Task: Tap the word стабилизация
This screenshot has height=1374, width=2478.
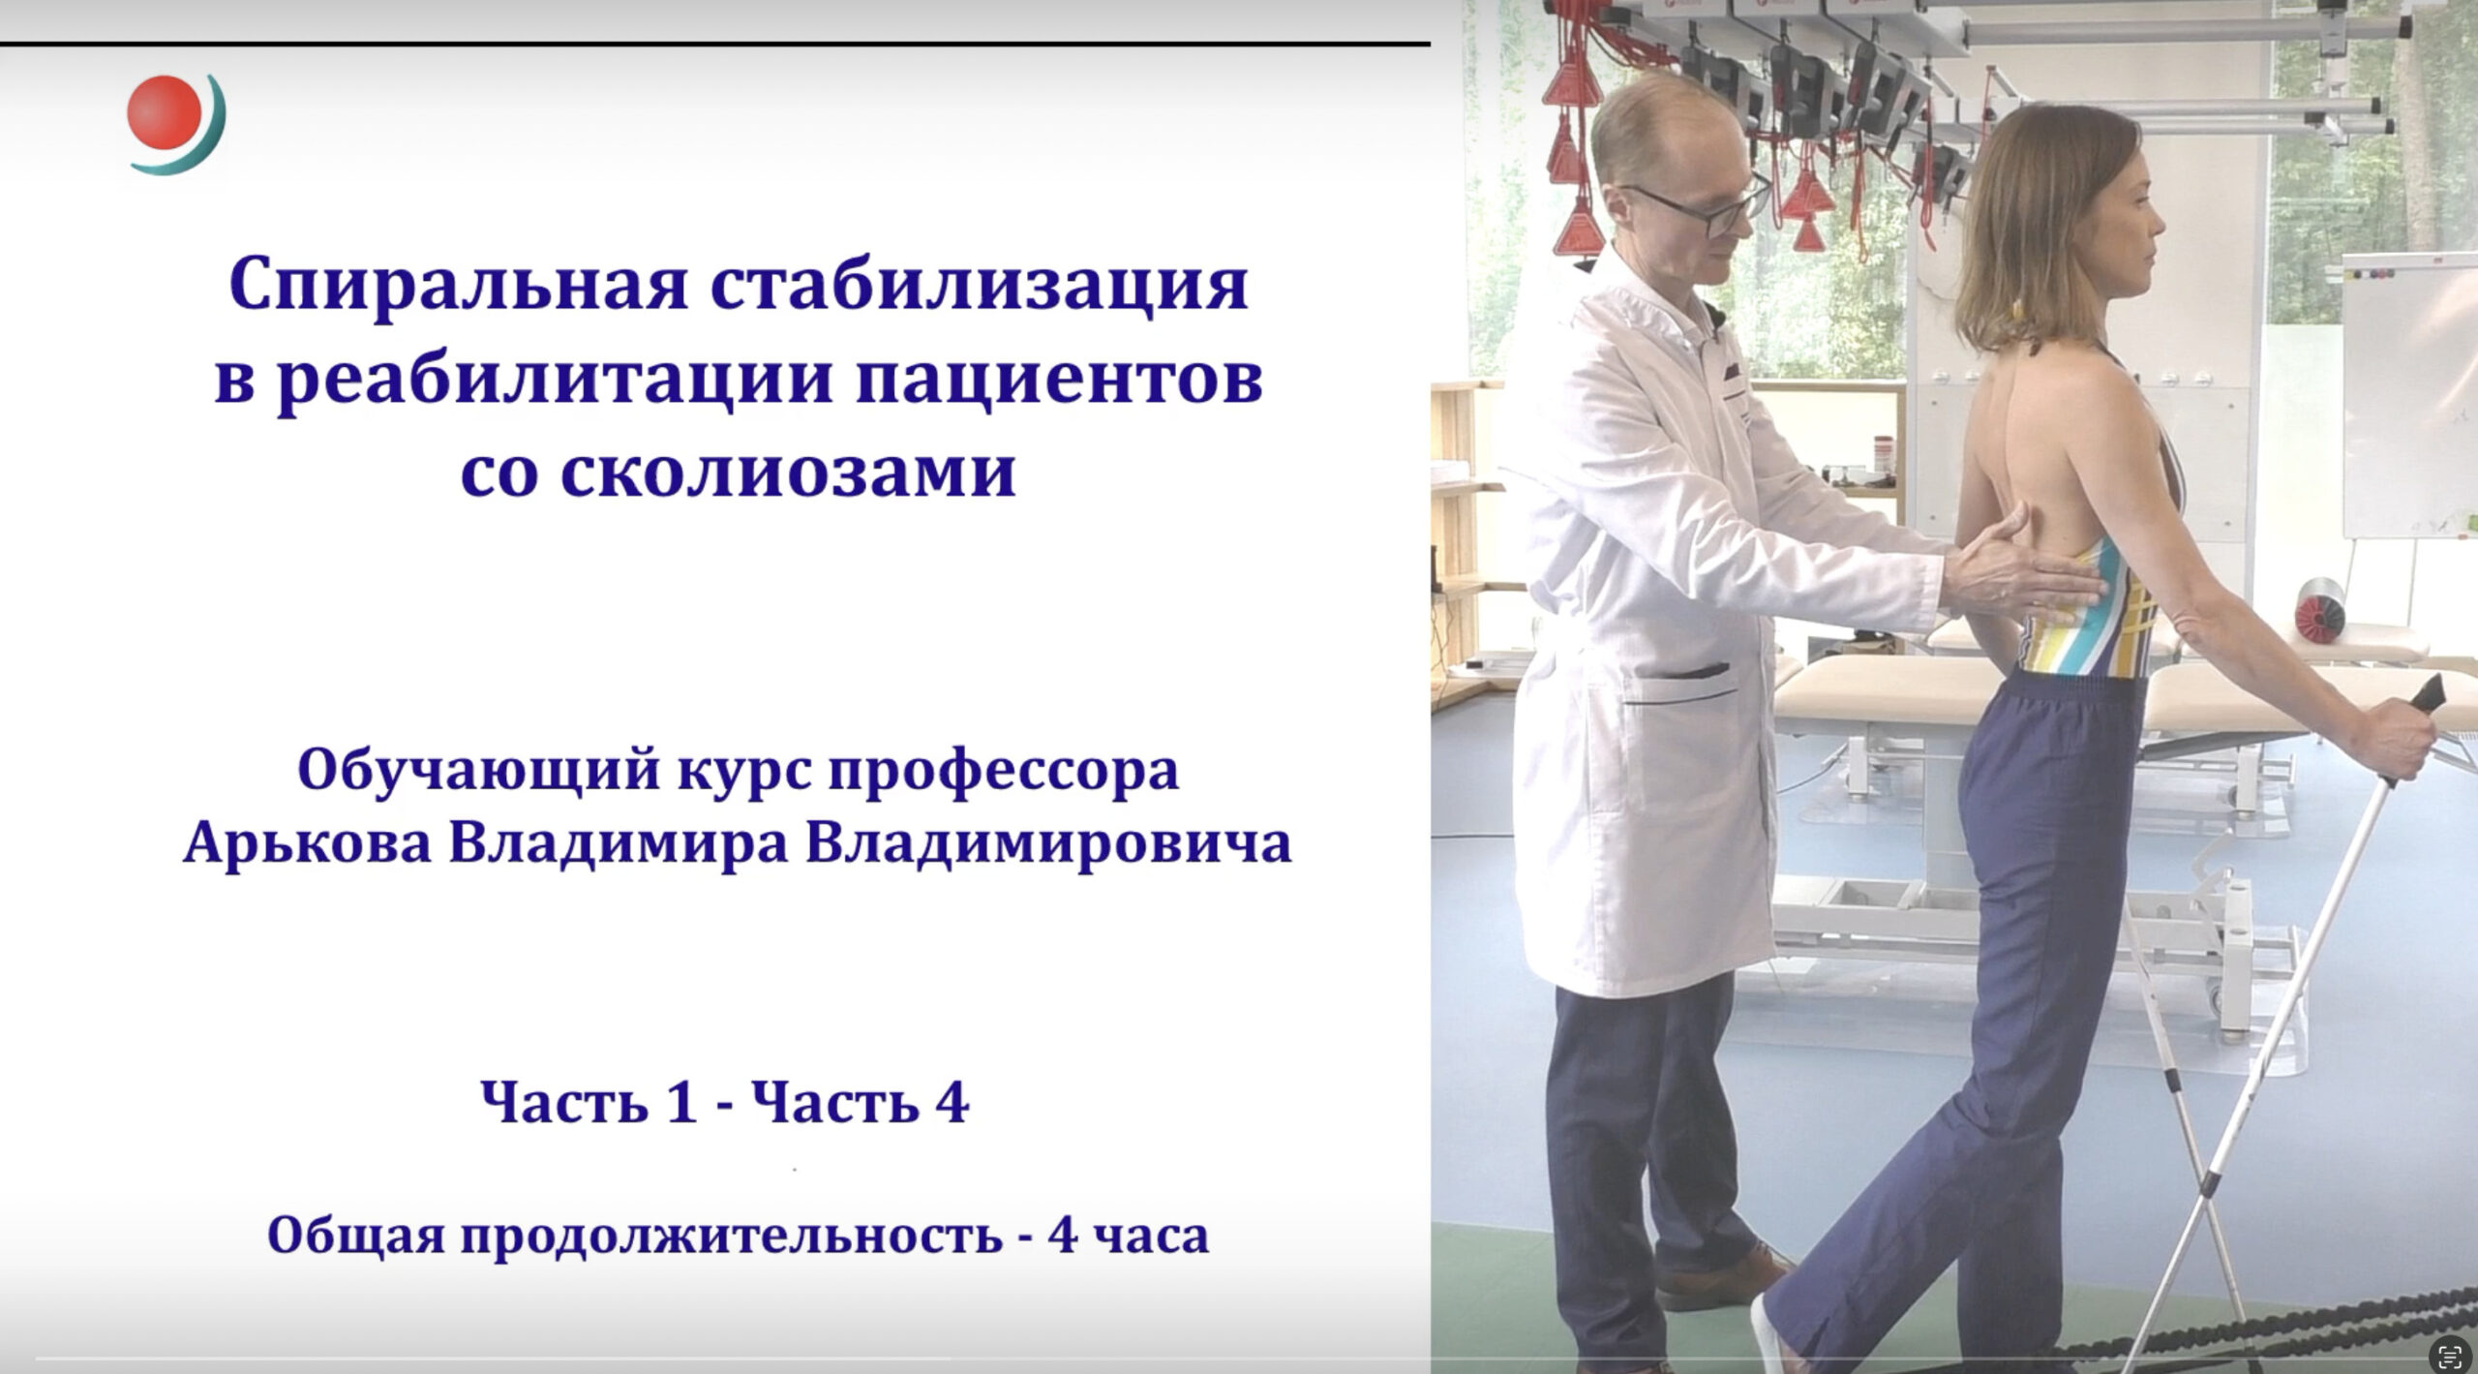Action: pos(982,286)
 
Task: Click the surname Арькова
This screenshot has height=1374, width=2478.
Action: pos(307,843)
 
